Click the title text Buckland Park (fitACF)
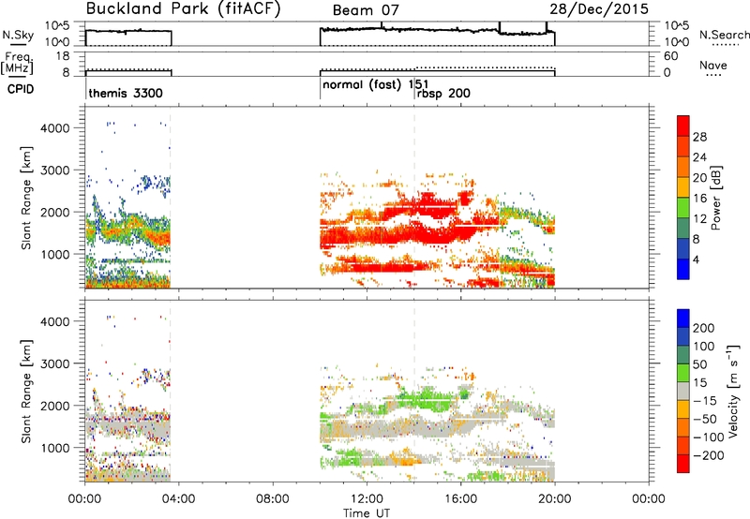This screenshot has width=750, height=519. pyautogui.click(x=183, y=9)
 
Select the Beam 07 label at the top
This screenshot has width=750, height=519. pyautogui.click(x=366, y=10)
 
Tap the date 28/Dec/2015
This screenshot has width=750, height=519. pyautogui.click(x=599, y=9)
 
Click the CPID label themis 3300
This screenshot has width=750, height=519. pyautogui.click(x=126, y=93)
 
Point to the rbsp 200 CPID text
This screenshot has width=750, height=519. pyautogui.click(x=443, y=94)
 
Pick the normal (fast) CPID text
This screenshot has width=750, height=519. pyautogui.click(x=362, y=85)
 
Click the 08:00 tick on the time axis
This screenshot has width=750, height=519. pyautogui.click(x=272, y=499)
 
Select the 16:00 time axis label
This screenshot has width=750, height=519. pyautogui.click(x=460, y=499)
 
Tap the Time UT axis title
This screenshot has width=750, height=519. pyautogui.click(x=367, y=513)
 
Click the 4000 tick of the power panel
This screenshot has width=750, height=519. pyautogui.click(x=55, y=128)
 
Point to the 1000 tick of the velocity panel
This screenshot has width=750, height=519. pyautogui.click(x=55, y=448)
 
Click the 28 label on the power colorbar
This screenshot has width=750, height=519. pyautogui.click(x=699, y=137)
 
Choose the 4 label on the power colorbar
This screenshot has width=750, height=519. pyautogui.click(x=696, y=259)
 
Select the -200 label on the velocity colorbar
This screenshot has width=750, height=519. pyautogui.click(x=708, y=455)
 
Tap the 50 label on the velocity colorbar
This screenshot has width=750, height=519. pyautogui.click(x=699, y=364)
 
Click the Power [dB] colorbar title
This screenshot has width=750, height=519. pyautogui.click(x=715, y=198)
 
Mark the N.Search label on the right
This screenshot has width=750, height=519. pyautogui.click(x=725, y=35)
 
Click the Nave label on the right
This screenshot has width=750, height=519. pyautogui.click(x=713, y=66)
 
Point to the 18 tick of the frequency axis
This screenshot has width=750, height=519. pyautogui.click(x=63, y=56)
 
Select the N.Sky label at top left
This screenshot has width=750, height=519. pyautogui.click(x=18, y=35)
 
